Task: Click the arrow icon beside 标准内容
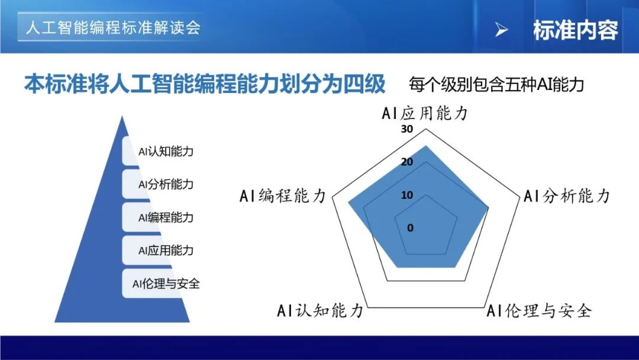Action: pyautogui.click(x=501, y=30)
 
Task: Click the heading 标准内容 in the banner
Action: pyautogui.click(x=576, y=30)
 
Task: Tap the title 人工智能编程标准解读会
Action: pyautogui.click(x=113, y=27)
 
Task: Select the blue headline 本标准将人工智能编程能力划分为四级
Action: pyautogui.click(x=205, y=84)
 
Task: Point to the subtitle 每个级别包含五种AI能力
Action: pyautogui.click(x=496, y=85)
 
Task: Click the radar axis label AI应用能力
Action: pyautogui.click(x=425, y=113)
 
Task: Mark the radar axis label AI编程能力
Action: pyautogui.click(x=283, y=196)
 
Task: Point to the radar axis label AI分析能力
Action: pyautogui.click(x=566, y=196)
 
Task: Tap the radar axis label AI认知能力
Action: pyautogui.click(x=320, y=311)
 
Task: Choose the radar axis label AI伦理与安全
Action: pyautogui.click(x=539, y=311)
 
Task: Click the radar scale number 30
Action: pyautogui.click(x=407, y=129)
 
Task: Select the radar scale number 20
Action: pyautogui.click(x=407, y=162)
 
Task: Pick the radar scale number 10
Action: pyautogui.click(x=407, y=195)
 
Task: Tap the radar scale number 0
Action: pyautogui.click(x=411, y=228)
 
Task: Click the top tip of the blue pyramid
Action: pyautogui.click(x=122, y=116)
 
